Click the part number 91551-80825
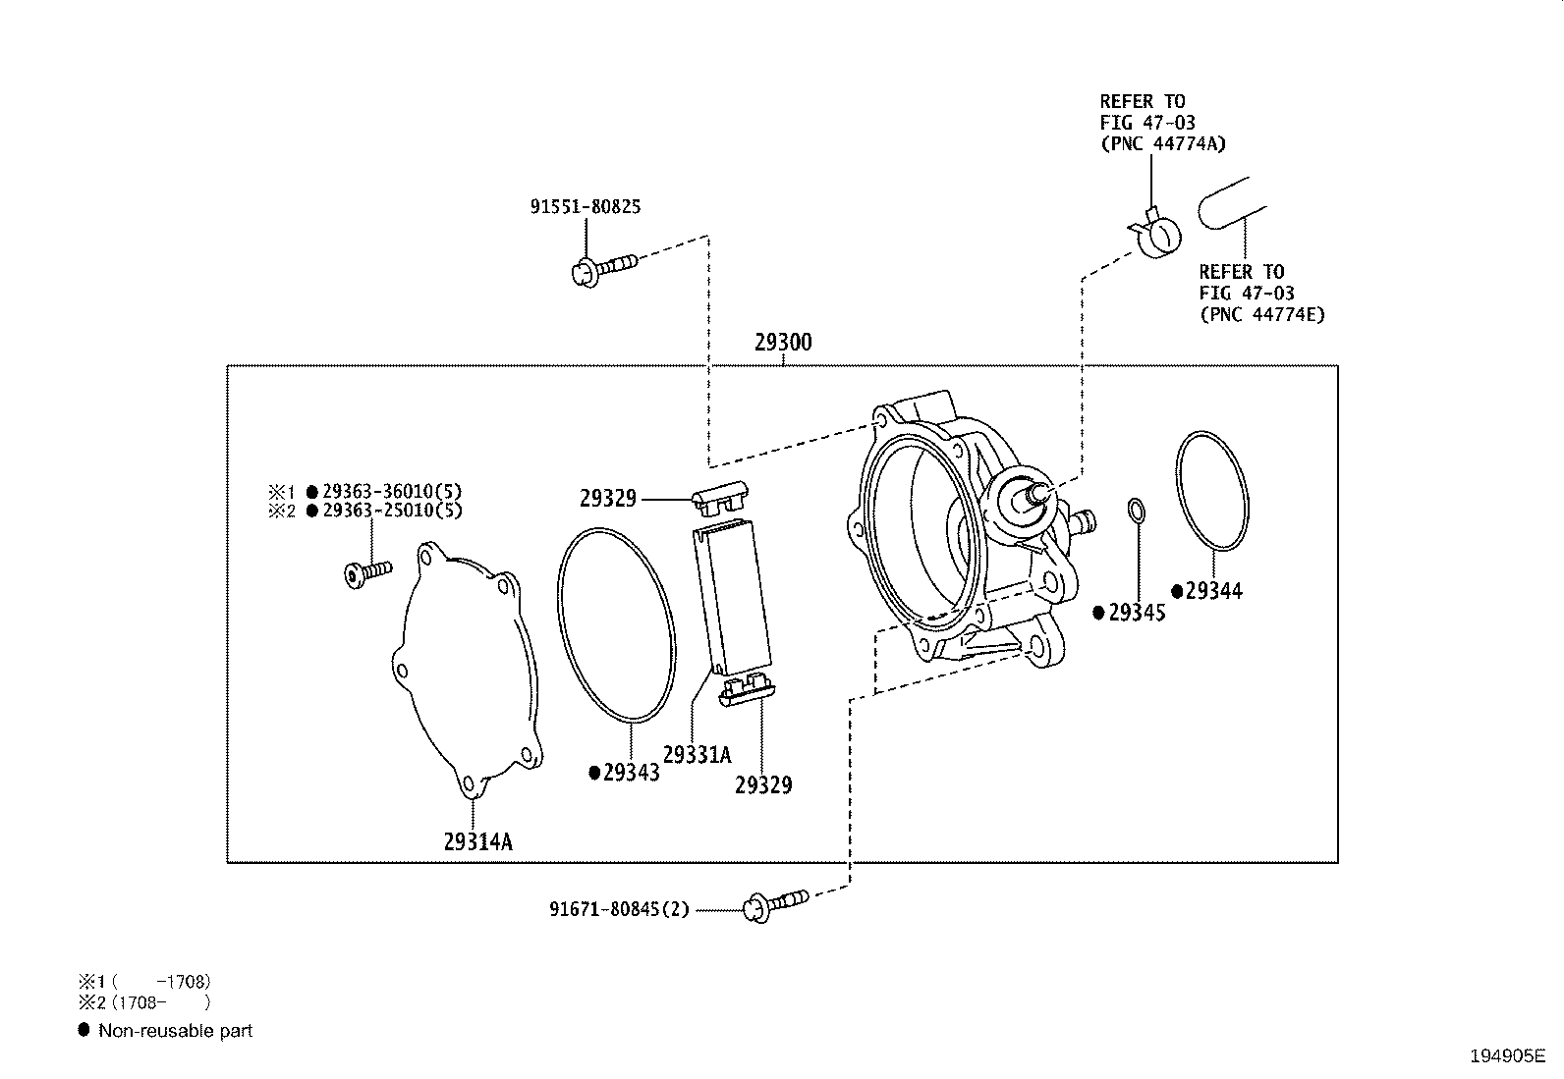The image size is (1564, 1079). point(586,207)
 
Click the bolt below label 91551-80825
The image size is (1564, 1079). point(601,266)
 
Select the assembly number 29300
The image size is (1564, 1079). point(783,344)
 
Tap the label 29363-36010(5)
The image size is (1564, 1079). point(392,491)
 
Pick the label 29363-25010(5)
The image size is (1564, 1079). point(392,511)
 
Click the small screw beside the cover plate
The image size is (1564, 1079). point(366,572)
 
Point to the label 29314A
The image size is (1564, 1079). point(477,841)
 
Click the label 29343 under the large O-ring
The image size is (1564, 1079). point(631,773)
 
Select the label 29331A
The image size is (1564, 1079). point(697,754)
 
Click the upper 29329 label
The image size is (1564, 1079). point(608,499)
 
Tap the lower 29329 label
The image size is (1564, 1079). point(763,784)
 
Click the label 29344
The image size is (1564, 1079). point(1213,591)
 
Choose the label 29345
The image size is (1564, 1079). point(1137,613)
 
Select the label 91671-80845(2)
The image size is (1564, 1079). point(619,910)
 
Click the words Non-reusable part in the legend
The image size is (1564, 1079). point(175,1031)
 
